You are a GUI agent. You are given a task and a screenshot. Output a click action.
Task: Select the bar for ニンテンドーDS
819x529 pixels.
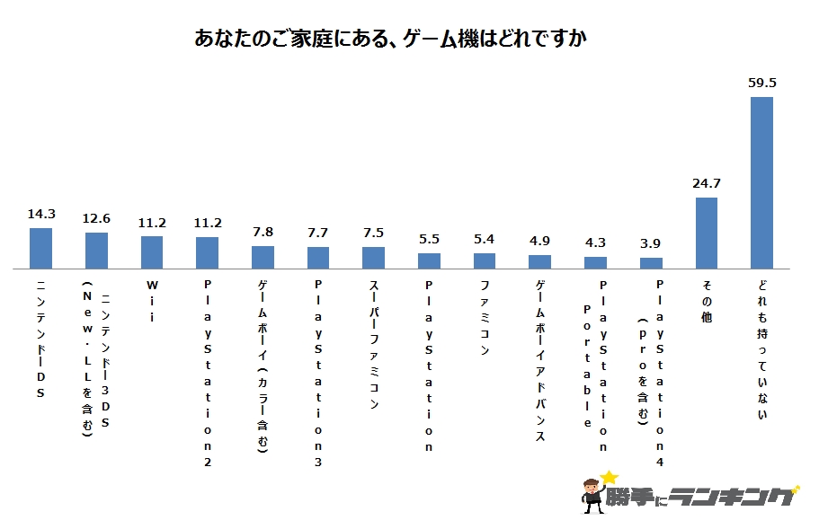pyautogui.click(x=41, y=248)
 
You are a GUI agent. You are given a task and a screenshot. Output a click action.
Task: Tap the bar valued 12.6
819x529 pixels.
pyautogui.click(x=96, y=251)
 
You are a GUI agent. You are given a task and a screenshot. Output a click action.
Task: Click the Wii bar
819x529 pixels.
pyautogui.click(x=152, y=252)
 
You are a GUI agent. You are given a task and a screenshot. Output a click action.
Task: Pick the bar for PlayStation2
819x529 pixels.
pyautogui.click(x=207, y=252)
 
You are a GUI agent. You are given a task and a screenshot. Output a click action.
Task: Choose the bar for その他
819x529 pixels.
pyautogui.click(x=706, y=233)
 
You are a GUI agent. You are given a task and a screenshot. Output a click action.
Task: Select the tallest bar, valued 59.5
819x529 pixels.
pyautogui.click(x=761, y=182)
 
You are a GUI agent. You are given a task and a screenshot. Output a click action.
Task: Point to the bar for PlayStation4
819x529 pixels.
pyautogui.click(x=651, y=263)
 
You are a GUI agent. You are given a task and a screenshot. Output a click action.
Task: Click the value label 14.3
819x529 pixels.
pyautogui.click(x=41, y=215)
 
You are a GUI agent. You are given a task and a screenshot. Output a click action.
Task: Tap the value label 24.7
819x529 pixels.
pyautogui.click(x=706, y=184)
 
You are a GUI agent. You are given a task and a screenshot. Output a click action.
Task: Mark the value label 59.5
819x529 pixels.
pyautogui.click(x=761, y=83)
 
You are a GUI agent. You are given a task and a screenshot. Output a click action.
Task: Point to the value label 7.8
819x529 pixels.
pyautogui.click(x=263, y=233)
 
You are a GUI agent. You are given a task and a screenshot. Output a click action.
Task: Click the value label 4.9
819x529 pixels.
pyautogui.click(x=539, y=242)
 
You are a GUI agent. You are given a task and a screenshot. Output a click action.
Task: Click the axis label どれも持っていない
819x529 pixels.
pyautogui.click(x=761, y=350)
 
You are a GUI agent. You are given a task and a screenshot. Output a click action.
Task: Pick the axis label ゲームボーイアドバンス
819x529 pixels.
pyautogui.click(x=539, y=360)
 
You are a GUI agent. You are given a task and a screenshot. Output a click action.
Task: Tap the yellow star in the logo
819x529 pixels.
pyautogui.click(x=610, y=477)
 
